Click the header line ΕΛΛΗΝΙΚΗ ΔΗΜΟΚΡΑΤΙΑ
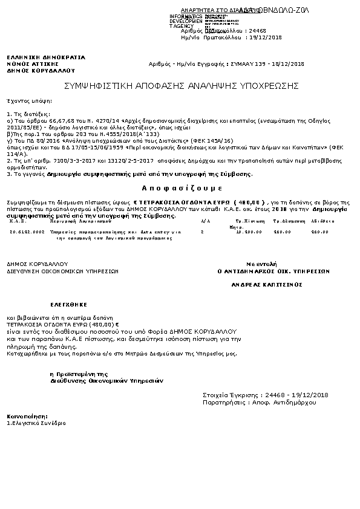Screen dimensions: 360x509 click(x=46, y=57)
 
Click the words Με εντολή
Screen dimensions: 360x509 click(x=261, y=264)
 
